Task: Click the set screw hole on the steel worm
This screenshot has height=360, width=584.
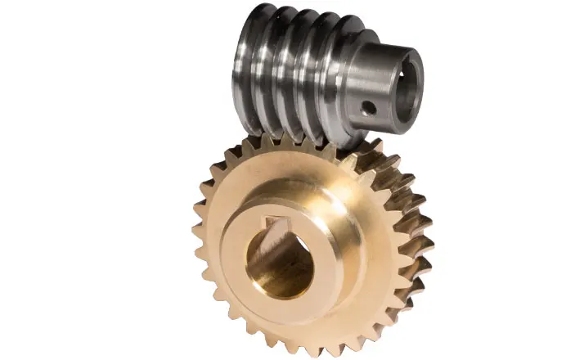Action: coord(369,106)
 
